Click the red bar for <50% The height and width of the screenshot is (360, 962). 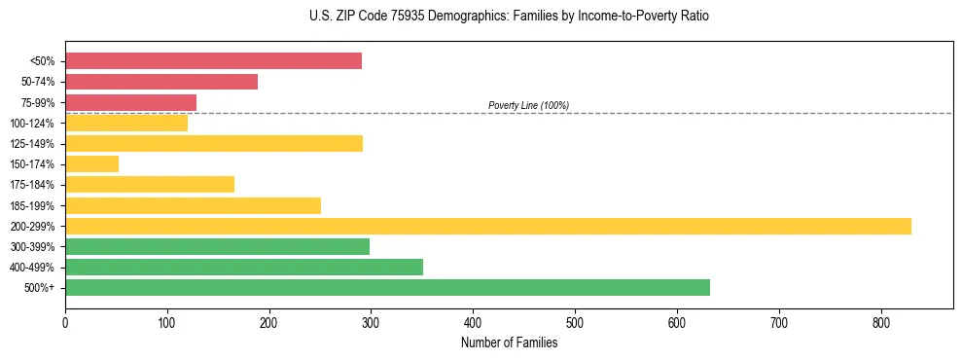[x=213, y=61]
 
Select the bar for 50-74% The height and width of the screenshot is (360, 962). [x=161, y=82]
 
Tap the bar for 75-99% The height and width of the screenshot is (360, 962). [x=130, y=102]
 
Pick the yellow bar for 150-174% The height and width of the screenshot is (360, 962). [x=91, y=164]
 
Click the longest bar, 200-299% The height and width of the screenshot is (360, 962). [x=487, y=226]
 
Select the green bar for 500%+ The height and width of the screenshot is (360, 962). [x=387, y=287]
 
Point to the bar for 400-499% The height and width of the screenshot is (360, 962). [x=243, y=267]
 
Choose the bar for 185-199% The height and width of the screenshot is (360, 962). [x=193, y=205]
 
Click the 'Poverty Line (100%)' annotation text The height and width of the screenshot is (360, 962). [x=528, y=105]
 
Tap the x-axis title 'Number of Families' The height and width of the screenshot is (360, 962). [x=509, y=342]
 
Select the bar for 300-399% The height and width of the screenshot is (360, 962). [x=217, y=246]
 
